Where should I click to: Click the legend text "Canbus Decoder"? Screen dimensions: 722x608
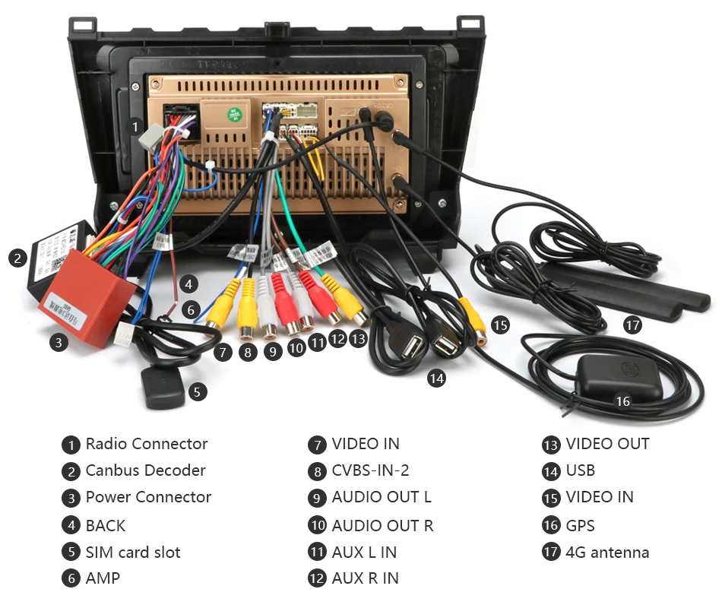pos(145,470)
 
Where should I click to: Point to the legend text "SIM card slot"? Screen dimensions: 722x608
pos(133,553)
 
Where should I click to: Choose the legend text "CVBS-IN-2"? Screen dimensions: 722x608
pos(370,470)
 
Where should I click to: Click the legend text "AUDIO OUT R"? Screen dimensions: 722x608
pos(382,525)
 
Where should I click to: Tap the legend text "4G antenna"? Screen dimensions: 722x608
pos(607,553)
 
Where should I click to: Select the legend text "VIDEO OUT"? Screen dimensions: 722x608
pos(607,444)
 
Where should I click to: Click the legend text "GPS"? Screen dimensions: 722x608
pos(580,525)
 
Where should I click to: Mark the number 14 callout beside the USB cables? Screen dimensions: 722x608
pos(436,377)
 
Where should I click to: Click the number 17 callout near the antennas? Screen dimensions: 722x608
pos(632,325)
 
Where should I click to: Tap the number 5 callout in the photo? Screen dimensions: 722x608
pos(197,392)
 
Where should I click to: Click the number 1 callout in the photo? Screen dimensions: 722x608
pos(136,126)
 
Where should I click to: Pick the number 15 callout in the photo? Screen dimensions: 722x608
pos(499,325)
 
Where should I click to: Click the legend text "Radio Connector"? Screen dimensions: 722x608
pos(146,444)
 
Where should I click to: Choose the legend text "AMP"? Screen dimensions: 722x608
pos(103,578)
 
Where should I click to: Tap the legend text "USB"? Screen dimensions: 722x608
pos(580,470)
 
